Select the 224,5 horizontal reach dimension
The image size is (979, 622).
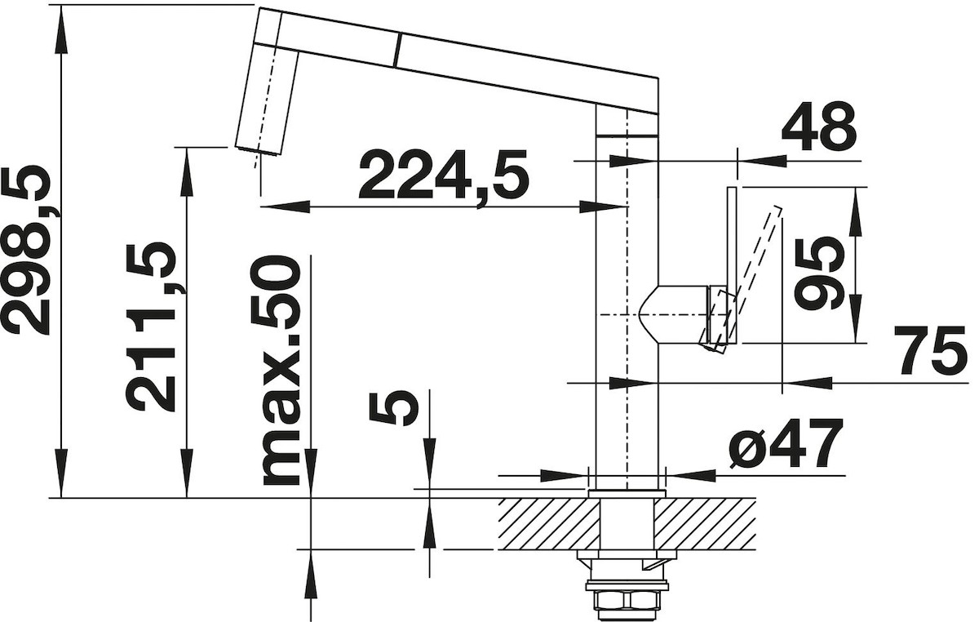443,180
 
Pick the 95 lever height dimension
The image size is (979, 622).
816,273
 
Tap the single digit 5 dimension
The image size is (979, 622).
393,408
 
